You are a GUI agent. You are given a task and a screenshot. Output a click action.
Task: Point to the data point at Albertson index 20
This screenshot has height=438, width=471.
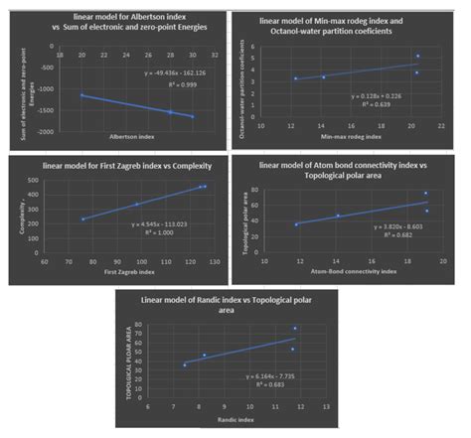81,95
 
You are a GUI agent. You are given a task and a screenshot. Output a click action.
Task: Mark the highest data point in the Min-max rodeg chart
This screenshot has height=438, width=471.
417,57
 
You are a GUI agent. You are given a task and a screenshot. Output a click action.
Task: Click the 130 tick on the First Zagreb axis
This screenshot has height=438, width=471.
220,262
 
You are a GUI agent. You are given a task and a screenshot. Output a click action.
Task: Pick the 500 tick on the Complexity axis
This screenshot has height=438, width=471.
46,181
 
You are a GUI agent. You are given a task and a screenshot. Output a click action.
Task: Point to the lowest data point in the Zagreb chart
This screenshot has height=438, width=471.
83,219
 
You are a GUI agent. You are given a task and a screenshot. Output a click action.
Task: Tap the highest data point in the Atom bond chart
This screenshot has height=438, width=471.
425,194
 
